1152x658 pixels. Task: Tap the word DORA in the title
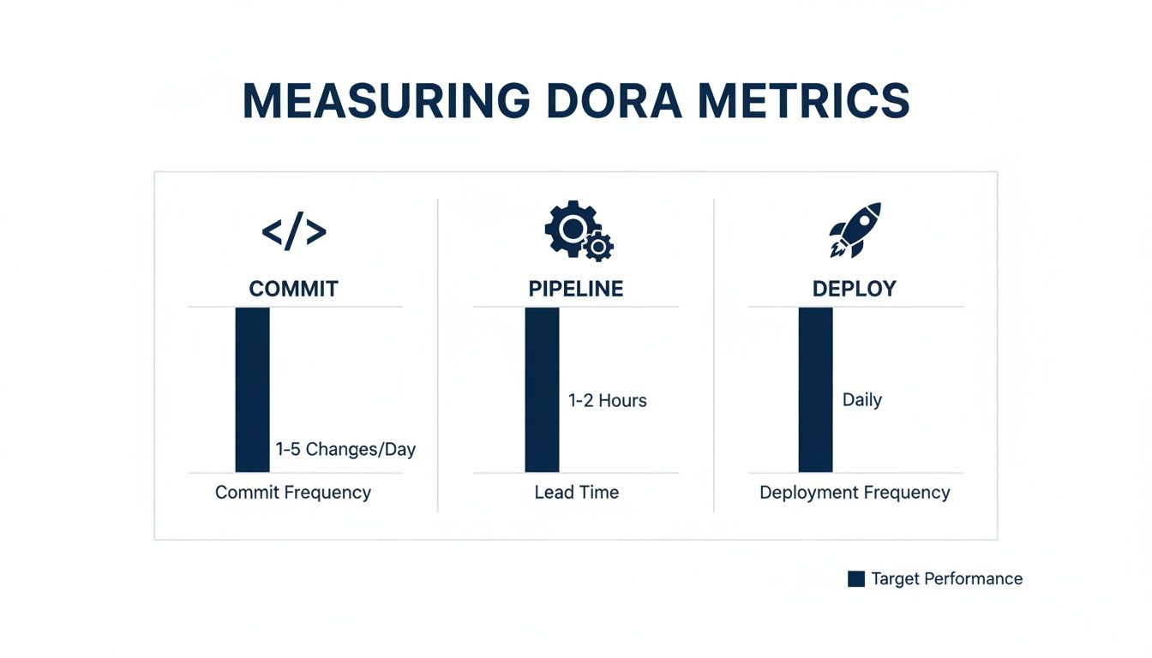pos(614,102)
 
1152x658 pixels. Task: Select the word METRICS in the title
pos(803,102)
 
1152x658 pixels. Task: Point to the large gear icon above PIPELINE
pos(567,228)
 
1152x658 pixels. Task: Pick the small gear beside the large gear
pos(598,247)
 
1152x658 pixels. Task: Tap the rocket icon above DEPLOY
pos(855,230)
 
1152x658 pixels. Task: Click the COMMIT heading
pos(294,289)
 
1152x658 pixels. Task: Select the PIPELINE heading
pos(576,289)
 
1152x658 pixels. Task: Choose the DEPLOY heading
pos(854,289)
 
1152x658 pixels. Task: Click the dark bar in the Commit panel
pos(252,389)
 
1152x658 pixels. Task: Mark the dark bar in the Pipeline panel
pos(542,389)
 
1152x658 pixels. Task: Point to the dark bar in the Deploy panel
pos(815,389)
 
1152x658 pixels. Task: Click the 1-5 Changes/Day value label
pos(345,449)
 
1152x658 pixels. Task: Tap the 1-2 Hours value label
pos(608,400)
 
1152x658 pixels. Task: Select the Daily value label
pos(862,400)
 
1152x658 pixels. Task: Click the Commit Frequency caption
pos(293,493)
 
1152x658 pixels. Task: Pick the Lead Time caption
pos(577,493)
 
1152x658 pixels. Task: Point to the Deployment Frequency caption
pos(855,493)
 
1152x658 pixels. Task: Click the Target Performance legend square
pos(855,579)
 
